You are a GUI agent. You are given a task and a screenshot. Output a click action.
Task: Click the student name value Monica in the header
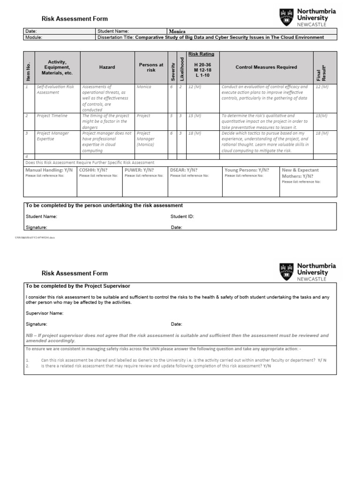(x=177, y=31)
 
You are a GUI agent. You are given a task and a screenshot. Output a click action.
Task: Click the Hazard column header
(x=107, y=67)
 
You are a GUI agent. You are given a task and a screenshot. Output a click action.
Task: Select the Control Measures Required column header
(x=266, y=67)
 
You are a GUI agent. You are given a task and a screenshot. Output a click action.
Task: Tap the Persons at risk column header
(x=151, y=67)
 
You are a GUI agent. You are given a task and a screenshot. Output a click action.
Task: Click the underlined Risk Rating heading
(x=201, y=54)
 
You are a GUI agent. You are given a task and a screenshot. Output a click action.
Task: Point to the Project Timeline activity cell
(x=52, y=116)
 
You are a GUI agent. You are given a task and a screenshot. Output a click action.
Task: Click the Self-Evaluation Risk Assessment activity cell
(x=55, y=90)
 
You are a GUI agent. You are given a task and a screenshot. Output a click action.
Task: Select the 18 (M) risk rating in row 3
(x=195, y=134)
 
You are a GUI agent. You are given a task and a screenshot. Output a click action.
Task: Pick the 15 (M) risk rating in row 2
(x=195, y=116)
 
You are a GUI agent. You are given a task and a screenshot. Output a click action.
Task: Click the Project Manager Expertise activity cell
(x=52, y=136)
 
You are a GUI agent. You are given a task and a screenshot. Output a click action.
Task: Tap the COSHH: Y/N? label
(x=93, y=170)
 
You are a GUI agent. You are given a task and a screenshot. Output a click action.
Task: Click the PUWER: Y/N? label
(x=139, y=170)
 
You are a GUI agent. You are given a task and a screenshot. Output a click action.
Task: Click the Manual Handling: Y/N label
(x=49, y=170)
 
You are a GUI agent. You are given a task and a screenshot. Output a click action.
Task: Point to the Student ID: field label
(x=182, y=217)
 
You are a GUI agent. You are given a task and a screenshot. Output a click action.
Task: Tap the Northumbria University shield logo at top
(x=286, y=17)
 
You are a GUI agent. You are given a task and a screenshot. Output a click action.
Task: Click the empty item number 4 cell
(x=29, y=156)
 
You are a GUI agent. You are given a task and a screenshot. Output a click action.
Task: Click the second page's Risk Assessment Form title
(x=75, y=273)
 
